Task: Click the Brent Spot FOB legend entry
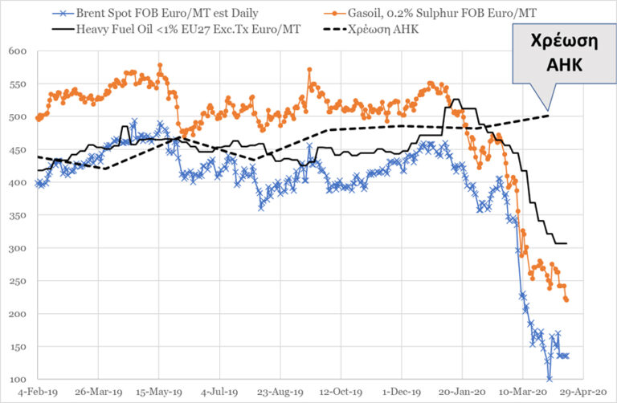tap(155, 13)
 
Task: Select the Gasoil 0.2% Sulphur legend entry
tap(430, 13)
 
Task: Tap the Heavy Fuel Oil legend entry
tap(177, 30)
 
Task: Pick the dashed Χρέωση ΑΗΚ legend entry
tap(371, 30)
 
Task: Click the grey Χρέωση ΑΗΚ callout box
tap(564, 54)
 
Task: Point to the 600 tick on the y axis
tap(18, 51)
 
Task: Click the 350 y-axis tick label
tap(18, 215)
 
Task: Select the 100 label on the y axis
tap(18, 380)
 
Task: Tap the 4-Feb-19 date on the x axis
tap(38, 393)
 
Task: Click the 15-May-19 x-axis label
tap(159, 393)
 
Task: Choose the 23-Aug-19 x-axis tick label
tap(280, 393)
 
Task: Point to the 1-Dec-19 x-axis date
tap(402, 393)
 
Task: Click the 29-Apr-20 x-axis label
tap(583, 393)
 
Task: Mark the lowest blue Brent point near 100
tap(550, 379)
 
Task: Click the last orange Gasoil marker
tap(566, 300)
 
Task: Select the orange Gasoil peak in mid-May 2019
tap(160, 65)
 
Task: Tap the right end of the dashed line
tap(548, 115)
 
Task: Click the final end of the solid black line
tap(566, 244)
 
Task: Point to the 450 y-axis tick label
tap(18, 150)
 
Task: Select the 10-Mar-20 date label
tap(523, 393)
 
